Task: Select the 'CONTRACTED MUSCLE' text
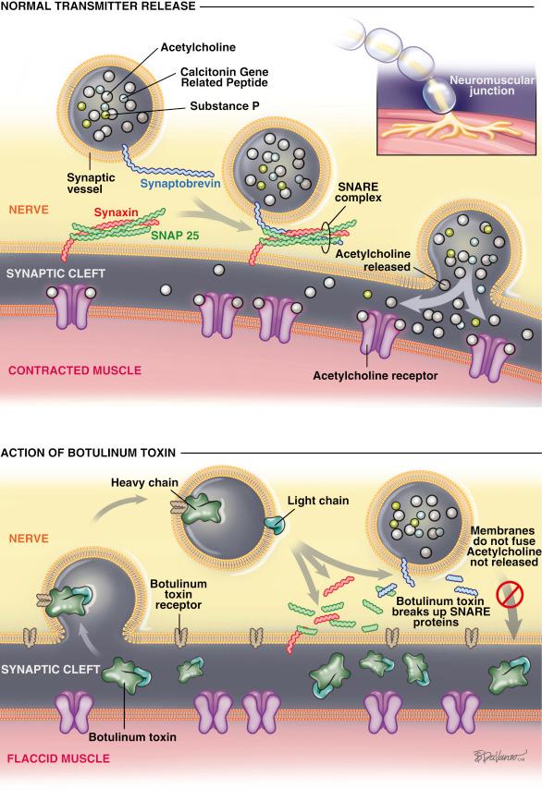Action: coord(74,370)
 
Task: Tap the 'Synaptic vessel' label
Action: coord(92,182)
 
